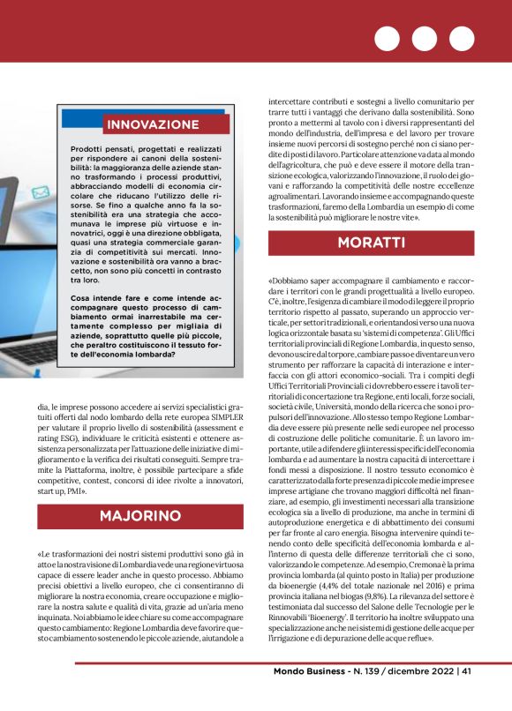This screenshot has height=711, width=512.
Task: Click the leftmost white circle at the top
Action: coord(387,40)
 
